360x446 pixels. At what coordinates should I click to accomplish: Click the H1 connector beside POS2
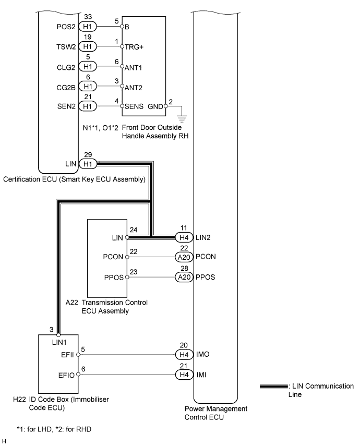tap(88, 27)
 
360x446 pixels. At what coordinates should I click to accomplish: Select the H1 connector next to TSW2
tap(88, 46)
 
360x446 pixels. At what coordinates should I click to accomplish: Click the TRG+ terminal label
tap(134, 47)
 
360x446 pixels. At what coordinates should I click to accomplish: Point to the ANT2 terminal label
tap(133, 88)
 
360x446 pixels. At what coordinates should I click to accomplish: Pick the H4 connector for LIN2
tap(184, 237)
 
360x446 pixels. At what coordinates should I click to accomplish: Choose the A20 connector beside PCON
tap(184, 257)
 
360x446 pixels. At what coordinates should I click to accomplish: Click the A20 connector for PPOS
tap(184, 277)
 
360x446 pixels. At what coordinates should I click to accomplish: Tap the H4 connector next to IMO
tap(184, 355)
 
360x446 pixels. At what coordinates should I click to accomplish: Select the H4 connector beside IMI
tap(184, 375)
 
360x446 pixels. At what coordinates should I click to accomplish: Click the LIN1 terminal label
tap(59, 343)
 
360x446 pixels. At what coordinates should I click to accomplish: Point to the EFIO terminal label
tap(66, 376)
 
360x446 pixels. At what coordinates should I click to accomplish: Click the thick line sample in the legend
tap(274, 387)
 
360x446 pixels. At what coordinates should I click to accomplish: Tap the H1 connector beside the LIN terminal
tap(88, 164)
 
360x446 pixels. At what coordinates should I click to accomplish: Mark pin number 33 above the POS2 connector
tap(88, 17)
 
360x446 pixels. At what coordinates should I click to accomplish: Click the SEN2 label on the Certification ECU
tap(66, 106)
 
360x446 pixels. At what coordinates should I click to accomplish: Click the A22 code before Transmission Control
tap(71, 303)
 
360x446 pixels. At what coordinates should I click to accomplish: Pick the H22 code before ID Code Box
tap(19, 400)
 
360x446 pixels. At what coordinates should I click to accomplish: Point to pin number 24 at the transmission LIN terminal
tap(134, 230)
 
